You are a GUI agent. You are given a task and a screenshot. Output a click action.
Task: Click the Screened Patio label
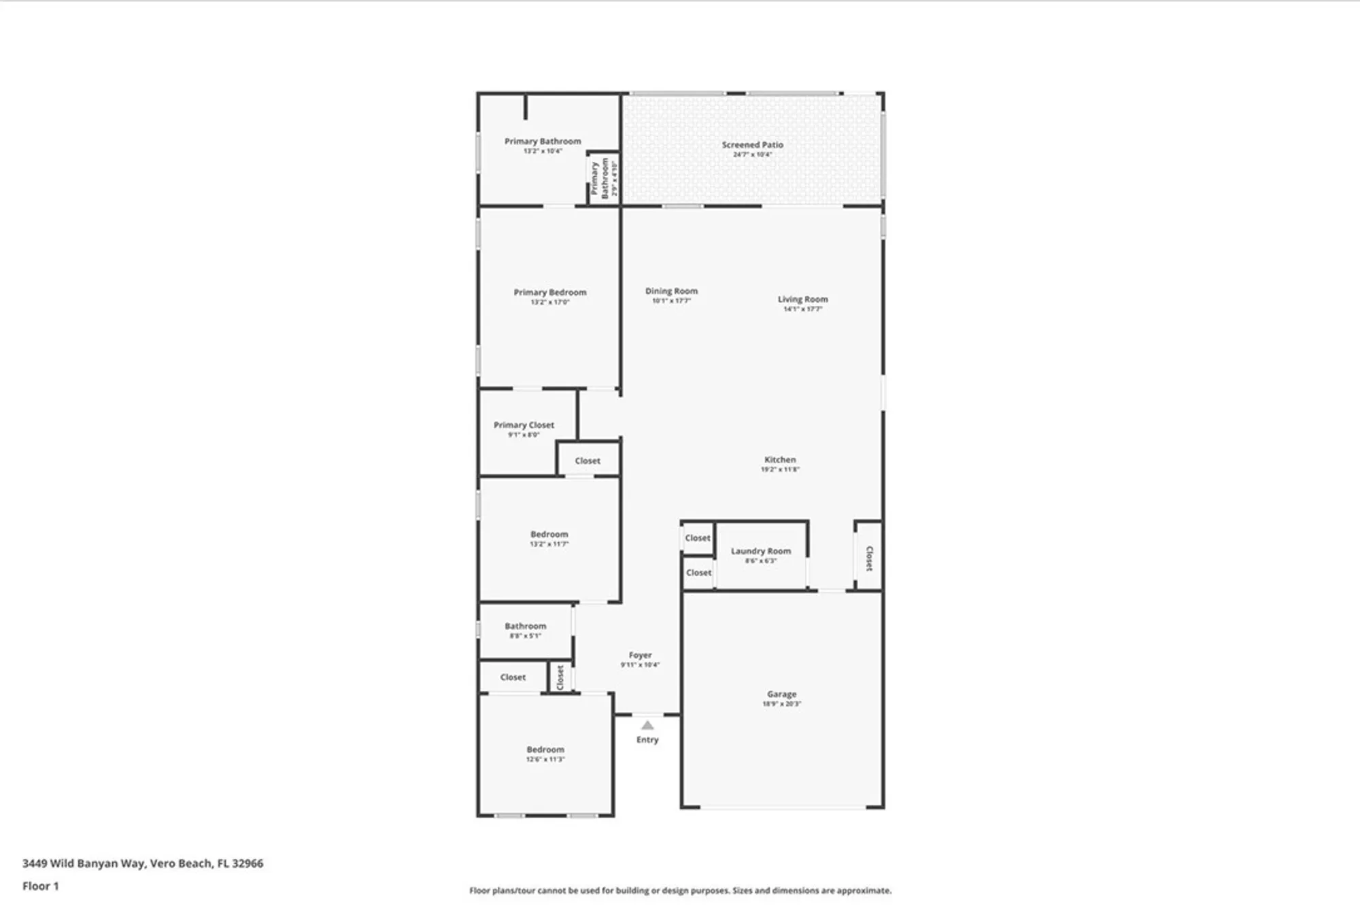[x=752, y=145]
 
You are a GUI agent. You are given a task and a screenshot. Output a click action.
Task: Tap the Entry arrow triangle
[x=647, y=725]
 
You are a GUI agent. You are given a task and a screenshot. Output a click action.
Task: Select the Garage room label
[x=781, y=694]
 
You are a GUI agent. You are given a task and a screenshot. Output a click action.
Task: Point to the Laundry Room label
[x=760, y=551]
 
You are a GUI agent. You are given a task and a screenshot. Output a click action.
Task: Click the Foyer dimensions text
[x=640, y=665]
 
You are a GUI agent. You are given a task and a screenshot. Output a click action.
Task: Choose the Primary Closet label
[x=524, y=425]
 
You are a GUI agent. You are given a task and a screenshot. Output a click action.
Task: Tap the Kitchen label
[x=779, y=460]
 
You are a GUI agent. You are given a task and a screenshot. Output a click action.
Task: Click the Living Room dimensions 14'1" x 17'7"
[x=802, y=309]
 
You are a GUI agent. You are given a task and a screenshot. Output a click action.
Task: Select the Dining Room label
[x=671, y=291]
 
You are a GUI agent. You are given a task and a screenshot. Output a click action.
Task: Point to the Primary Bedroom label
[x=549, y=292]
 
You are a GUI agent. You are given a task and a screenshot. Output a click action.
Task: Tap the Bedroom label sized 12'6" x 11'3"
[x=545, y=750]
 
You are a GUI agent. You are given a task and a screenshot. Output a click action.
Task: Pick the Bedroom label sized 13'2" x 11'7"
[x=549, y=535]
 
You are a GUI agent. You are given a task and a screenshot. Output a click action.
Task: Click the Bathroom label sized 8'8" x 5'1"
[x=525, y=626]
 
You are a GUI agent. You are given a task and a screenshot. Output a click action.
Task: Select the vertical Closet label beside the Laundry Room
[x=869, y=558]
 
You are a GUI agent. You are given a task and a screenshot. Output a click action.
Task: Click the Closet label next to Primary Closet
[x=588, y=461]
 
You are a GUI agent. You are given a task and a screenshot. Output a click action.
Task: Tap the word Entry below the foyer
[x=647, y=740]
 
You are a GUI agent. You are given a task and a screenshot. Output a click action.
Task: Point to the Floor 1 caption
[x=40, y=886]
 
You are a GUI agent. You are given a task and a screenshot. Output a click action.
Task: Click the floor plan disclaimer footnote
[x=680, y=890]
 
